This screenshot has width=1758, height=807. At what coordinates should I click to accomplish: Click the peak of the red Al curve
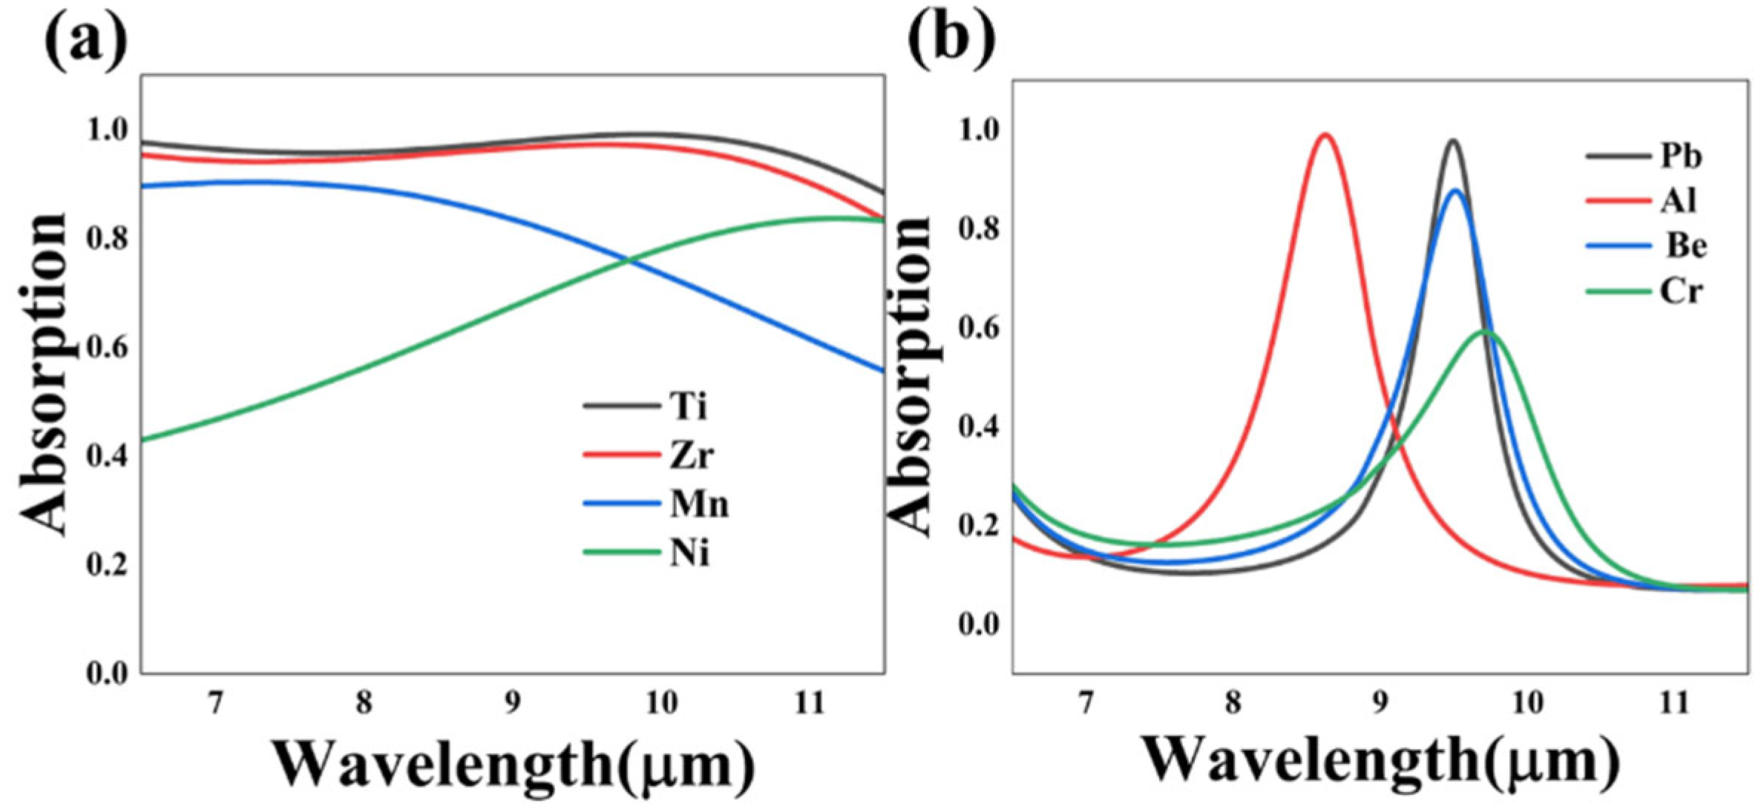[1325, 135]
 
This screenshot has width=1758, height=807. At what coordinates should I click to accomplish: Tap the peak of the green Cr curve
[1484, 331]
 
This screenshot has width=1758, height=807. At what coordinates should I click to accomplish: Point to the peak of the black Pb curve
[1452, 141]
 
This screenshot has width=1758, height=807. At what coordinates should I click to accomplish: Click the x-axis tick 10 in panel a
[661, 702]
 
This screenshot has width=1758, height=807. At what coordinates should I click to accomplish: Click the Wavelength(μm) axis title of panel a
[512, 764]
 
